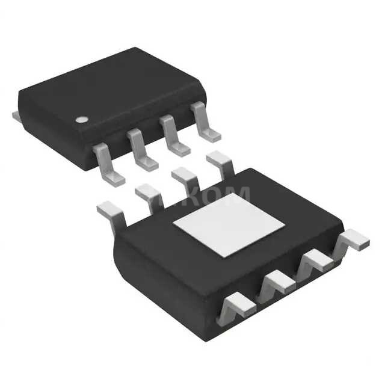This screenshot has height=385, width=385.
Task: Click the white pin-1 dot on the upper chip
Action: [80, 119]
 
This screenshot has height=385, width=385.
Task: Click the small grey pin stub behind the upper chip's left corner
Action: [16, 114]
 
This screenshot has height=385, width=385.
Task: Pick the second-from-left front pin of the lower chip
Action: [276, 282]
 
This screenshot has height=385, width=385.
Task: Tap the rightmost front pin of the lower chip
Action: [352, 239]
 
